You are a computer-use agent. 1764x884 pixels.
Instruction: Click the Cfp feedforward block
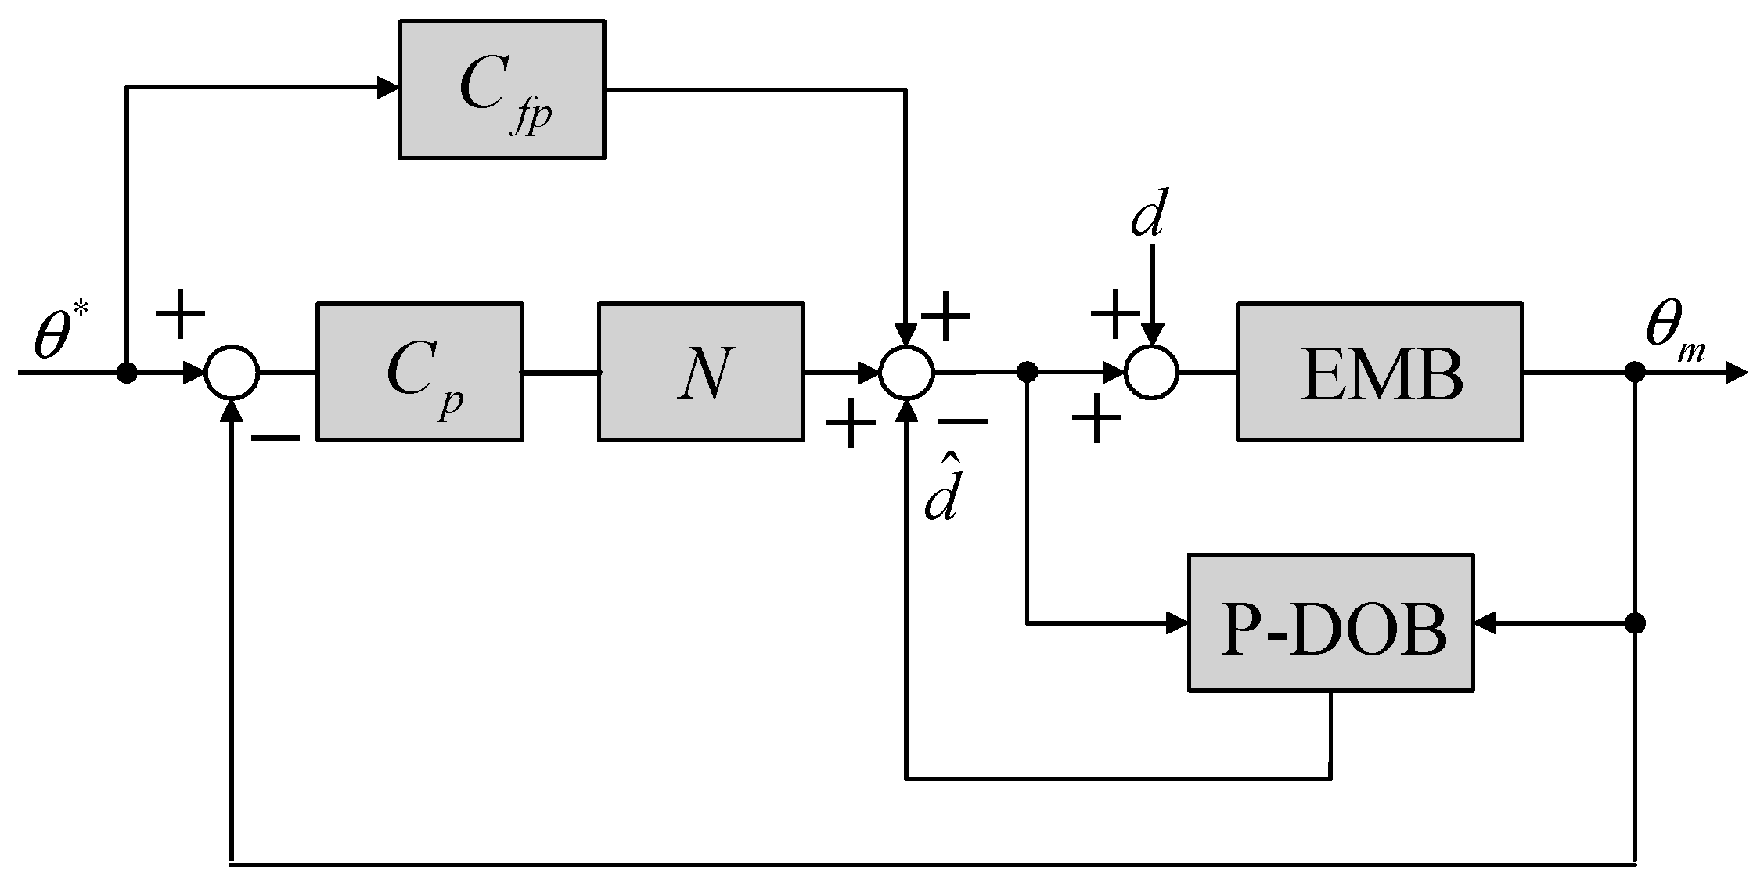tap(502, 89)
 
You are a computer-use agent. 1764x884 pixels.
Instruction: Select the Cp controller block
tap(419, 371)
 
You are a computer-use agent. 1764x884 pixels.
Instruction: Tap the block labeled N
tap(700, 371)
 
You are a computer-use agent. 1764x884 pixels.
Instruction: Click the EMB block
tap(1379, 371)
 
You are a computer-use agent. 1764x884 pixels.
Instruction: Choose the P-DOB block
tap(1330, 622)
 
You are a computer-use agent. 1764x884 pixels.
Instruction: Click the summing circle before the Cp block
tap(232, 372)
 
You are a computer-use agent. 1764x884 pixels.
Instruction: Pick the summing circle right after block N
tap(906, 372)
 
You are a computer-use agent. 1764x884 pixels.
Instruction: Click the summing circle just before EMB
tap(1151, 372)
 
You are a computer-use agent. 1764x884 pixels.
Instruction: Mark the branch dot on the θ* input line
tap(127, 373)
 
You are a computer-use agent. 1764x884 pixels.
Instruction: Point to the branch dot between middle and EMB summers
tap(1027, 372)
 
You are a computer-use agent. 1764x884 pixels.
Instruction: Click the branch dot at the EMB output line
tap(1635, 372)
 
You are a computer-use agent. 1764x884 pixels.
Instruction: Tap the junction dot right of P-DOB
tap(1635, 623)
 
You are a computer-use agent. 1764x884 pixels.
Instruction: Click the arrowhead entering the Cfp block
tap(388, 88)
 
